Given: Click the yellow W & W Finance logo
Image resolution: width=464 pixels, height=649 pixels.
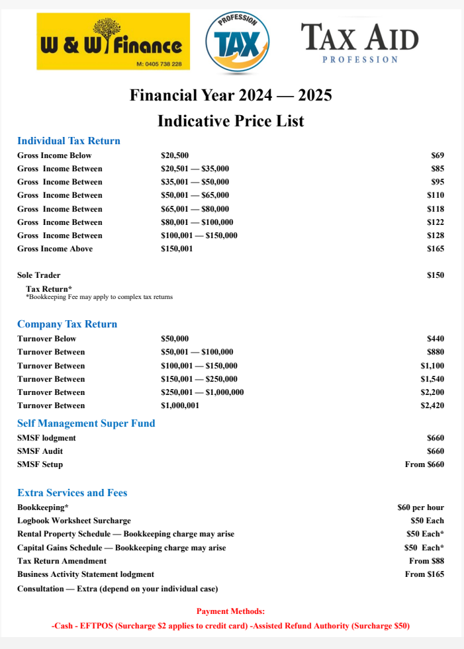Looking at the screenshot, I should pyautogui.click(x=113, y=41).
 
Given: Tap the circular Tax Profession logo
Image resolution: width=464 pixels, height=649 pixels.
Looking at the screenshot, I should pyautogui.click(x=237, y=43).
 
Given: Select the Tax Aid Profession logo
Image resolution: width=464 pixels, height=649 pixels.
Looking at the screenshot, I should pyautogui.click(x=360, y=42).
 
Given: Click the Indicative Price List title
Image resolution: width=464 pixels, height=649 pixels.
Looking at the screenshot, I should pyautogui.click(x=231, y=121).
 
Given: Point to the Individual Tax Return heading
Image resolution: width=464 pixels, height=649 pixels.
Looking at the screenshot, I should pyautogui.click(x=69, y=141).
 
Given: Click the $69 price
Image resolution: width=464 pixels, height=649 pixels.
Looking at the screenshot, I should pyautogui.click(x=438, y=155).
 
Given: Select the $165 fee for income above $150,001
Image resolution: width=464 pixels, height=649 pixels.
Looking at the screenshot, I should pyautogui.click(x=436, y=249).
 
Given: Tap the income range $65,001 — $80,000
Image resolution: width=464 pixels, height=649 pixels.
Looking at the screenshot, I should pyautogui.click(x=195, y=208).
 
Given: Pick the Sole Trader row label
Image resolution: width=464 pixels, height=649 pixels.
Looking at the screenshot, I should pyautogui.click(x=38, y=275).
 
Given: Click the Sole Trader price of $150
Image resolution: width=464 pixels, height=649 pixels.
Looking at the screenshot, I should pyautogui.click(x=436, y=275).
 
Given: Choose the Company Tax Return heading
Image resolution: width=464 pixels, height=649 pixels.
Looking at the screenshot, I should pyautogui.click(x=67, y=324).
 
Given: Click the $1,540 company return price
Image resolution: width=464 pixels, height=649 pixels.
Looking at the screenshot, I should pyautogui.click(x=432, y=379).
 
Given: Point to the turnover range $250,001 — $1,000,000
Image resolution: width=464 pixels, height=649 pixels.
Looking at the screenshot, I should pyautogui.click(x=203, y=392).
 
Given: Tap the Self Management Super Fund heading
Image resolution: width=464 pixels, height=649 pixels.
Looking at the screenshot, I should pyautogui.click(x=86, y=423).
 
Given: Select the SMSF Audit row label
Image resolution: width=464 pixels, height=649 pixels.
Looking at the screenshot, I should pyautogui.click(x=40, y=451).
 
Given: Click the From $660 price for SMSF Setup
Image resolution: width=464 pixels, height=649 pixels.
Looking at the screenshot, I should pyautogui.click(x=424, y=464).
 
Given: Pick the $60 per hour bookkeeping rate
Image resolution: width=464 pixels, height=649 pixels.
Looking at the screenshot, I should pyautogui.click(x=420, y=507).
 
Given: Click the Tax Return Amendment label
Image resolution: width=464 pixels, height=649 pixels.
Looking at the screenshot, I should pyautogui.click(x=62, y=561).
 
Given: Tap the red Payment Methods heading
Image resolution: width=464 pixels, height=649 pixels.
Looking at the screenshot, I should pyautogui.click(x=230, y=612).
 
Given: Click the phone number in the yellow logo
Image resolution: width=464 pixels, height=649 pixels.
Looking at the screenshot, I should pyautogui.click(x=163, y=64).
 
